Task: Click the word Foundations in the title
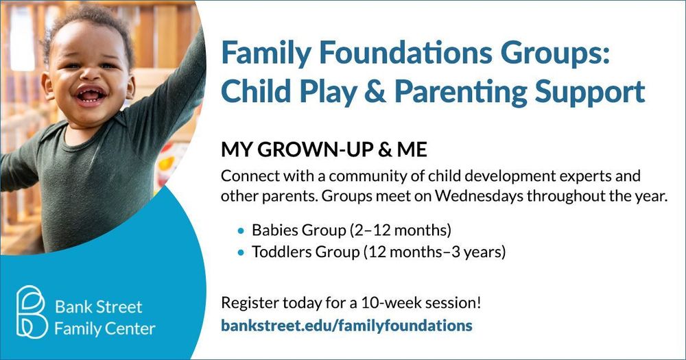pos(406,52)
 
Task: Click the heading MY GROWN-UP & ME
pos(324,149)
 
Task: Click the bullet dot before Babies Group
pos(240,230)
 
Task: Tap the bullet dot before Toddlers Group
pos(240,252)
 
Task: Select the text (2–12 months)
pos(401,230)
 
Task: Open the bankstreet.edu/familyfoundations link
pos(346,326)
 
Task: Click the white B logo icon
pos(32,312)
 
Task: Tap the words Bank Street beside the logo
pos(98,307)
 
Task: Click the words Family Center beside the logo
pos(105,328)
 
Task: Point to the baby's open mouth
pos(91,95)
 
